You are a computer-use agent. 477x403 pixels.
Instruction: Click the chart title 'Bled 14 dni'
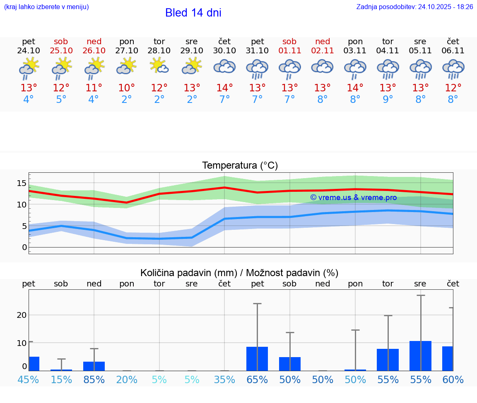tap(193, 13)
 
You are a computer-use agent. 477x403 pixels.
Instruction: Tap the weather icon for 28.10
tap(159, 67)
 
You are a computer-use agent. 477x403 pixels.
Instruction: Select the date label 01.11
tap(289, 51)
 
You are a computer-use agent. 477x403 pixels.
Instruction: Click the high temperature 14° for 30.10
tap(224, 88)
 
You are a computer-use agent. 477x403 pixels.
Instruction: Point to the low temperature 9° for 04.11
tap(388, 100)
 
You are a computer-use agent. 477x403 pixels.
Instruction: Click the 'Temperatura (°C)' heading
tap(240, 166)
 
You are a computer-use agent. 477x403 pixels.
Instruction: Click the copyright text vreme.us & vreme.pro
tap(354, 198)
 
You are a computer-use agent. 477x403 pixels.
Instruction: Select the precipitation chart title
tap(239, 273)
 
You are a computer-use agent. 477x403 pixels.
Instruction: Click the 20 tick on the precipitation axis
tap(22, 315)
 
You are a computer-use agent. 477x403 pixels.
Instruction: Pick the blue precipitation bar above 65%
tap(257, 359)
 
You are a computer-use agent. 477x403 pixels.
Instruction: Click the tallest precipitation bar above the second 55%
tap(420, 356)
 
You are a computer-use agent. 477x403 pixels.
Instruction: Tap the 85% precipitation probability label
tap(94, 380)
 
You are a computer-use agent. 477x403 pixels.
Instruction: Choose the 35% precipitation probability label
tap(224, 380)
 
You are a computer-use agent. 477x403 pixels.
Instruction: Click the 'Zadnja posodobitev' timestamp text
tap(414, 7)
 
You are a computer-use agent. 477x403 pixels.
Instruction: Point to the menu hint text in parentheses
tap(46, 7)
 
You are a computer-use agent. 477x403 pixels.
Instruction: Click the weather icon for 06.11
tap(453, 68)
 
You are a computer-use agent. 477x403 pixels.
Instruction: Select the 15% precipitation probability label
tap(61, 380)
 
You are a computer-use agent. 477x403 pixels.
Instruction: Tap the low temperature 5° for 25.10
tap(61, 100)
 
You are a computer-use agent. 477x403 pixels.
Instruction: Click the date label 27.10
tap(127, 51)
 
